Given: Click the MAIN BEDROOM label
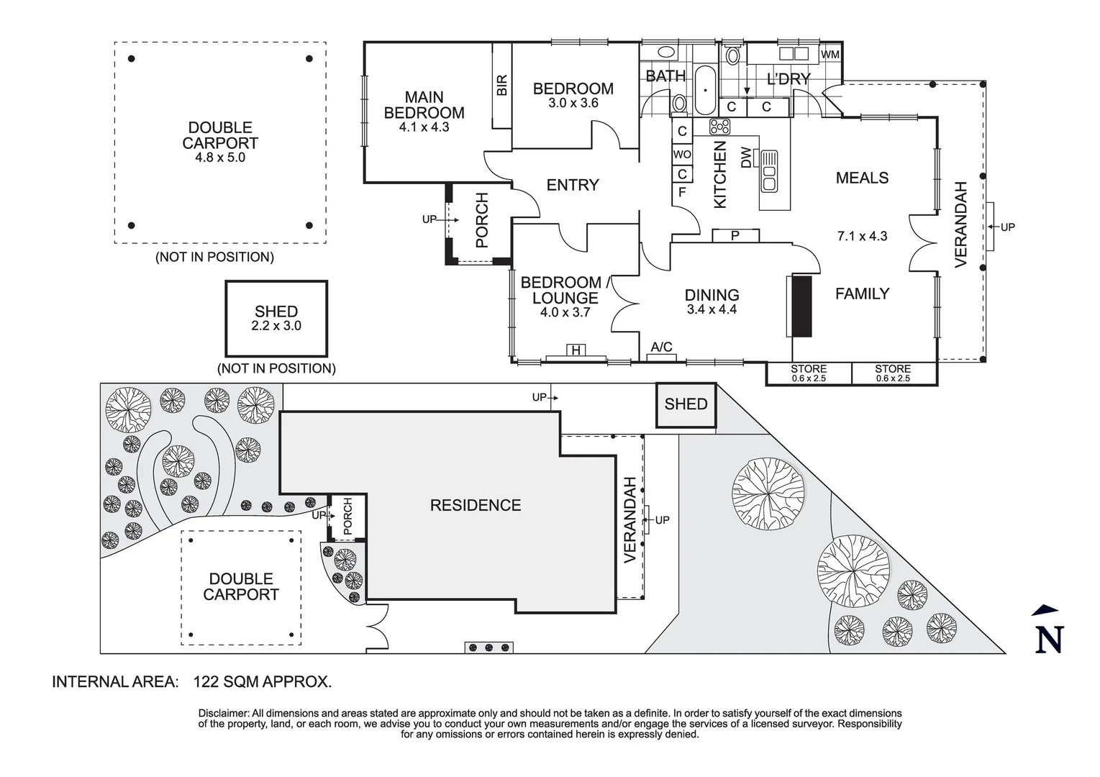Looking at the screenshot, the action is tap(424, 104).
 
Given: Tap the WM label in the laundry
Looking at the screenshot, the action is tap(830, 55).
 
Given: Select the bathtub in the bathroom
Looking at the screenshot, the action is tap(705, 90).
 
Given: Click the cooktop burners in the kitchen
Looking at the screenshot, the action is tap(719, 127).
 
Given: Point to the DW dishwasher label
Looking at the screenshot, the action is tap(745, 157).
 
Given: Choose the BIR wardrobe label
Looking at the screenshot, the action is tap(502, 85).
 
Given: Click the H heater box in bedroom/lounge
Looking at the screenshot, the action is tap(576, 350).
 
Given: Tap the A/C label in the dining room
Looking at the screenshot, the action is tap(661, 347).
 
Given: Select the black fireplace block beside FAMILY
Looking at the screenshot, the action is tap(801, 306).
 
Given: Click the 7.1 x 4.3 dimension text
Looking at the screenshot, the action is tap(862, 236).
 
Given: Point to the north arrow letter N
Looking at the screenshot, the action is tap(1049, 640).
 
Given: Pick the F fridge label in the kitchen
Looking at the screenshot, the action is tap(682, 192).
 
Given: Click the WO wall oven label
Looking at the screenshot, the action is tap(682, 154).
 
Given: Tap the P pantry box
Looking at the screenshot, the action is tap(735, 236).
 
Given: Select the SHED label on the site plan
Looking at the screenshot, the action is tap(686, 404).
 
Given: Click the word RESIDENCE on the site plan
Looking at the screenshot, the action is tap(476, 505).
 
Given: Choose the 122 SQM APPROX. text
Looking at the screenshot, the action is tap(263, 682).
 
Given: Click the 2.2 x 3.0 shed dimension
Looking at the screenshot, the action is tap(276, 326).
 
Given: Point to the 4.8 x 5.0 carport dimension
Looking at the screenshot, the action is tap(220, 158).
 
